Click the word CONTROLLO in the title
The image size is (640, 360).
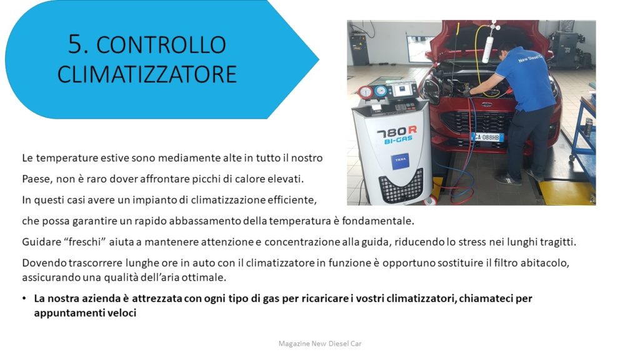coord(161,45)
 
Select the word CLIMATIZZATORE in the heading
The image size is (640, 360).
coord(147,74)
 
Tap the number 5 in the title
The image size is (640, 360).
coord(75,44)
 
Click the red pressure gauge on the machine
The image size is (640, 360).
coord(365,92)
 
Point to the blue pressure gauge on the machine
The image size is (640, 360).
coord(381,91)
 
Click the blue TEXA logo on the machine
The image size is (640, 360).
coord(399,161)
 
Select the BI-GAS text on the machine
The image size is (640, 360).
coord(398,140)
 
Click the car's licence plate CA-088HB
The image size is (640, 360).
coord(487,137)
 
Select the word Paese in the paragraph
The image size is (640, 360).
coord(36,179)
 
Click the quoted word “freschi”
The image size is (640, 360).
coord(85,242)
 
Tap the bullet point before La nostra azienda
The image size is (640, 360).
coord(24,299)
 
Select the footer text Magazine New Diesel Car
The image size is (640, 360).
coord(320,344)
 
